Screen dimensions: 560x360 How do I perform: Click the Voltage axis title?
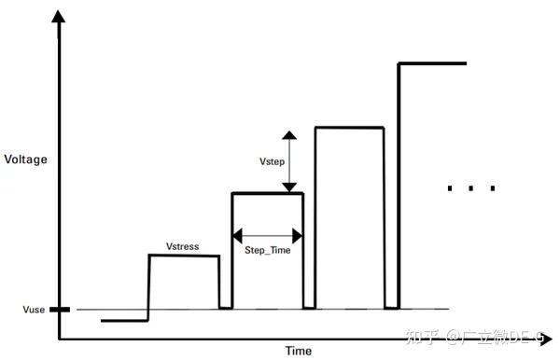tap(25, 159)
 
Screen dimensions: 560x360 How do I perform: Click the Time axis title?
tap(299, 351)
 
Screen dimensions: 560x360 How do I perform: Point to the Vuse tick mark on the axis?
tap(59, 310)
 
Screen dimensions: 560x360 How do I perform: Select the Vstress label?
tap(183, 245)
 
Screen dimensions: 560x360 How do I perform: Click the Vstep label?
tap(273, 162)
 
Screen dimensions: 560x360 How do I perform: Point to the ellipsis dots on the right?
tap(471, 188)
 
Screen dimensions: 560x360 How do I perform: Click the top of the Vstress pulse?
tap(184, 256)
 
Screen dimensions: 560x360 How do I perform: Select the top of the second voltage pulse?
tap(267, 193)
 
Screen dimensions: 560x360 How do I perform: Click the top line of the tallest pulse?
tap(432, 63)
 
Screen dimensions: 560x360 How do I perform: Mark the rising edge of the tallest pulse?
tap(399, 187)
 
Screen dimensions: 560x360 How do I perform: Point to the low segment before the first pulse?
tap(124, 320)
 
